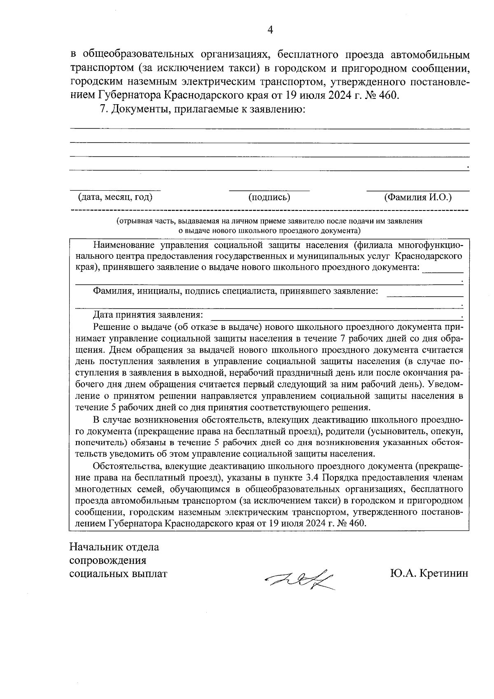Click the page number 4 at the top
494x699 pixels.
click(x=270, y=30)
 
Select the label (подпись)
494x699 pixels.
click(x=269, y=198)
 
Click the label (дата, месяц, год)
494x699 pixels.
click(x=115, y=198)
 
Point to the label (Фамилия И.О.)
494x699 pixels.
click(x=418, y=197)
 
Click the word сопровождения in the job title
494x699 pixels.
click(x=108, y=561)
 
